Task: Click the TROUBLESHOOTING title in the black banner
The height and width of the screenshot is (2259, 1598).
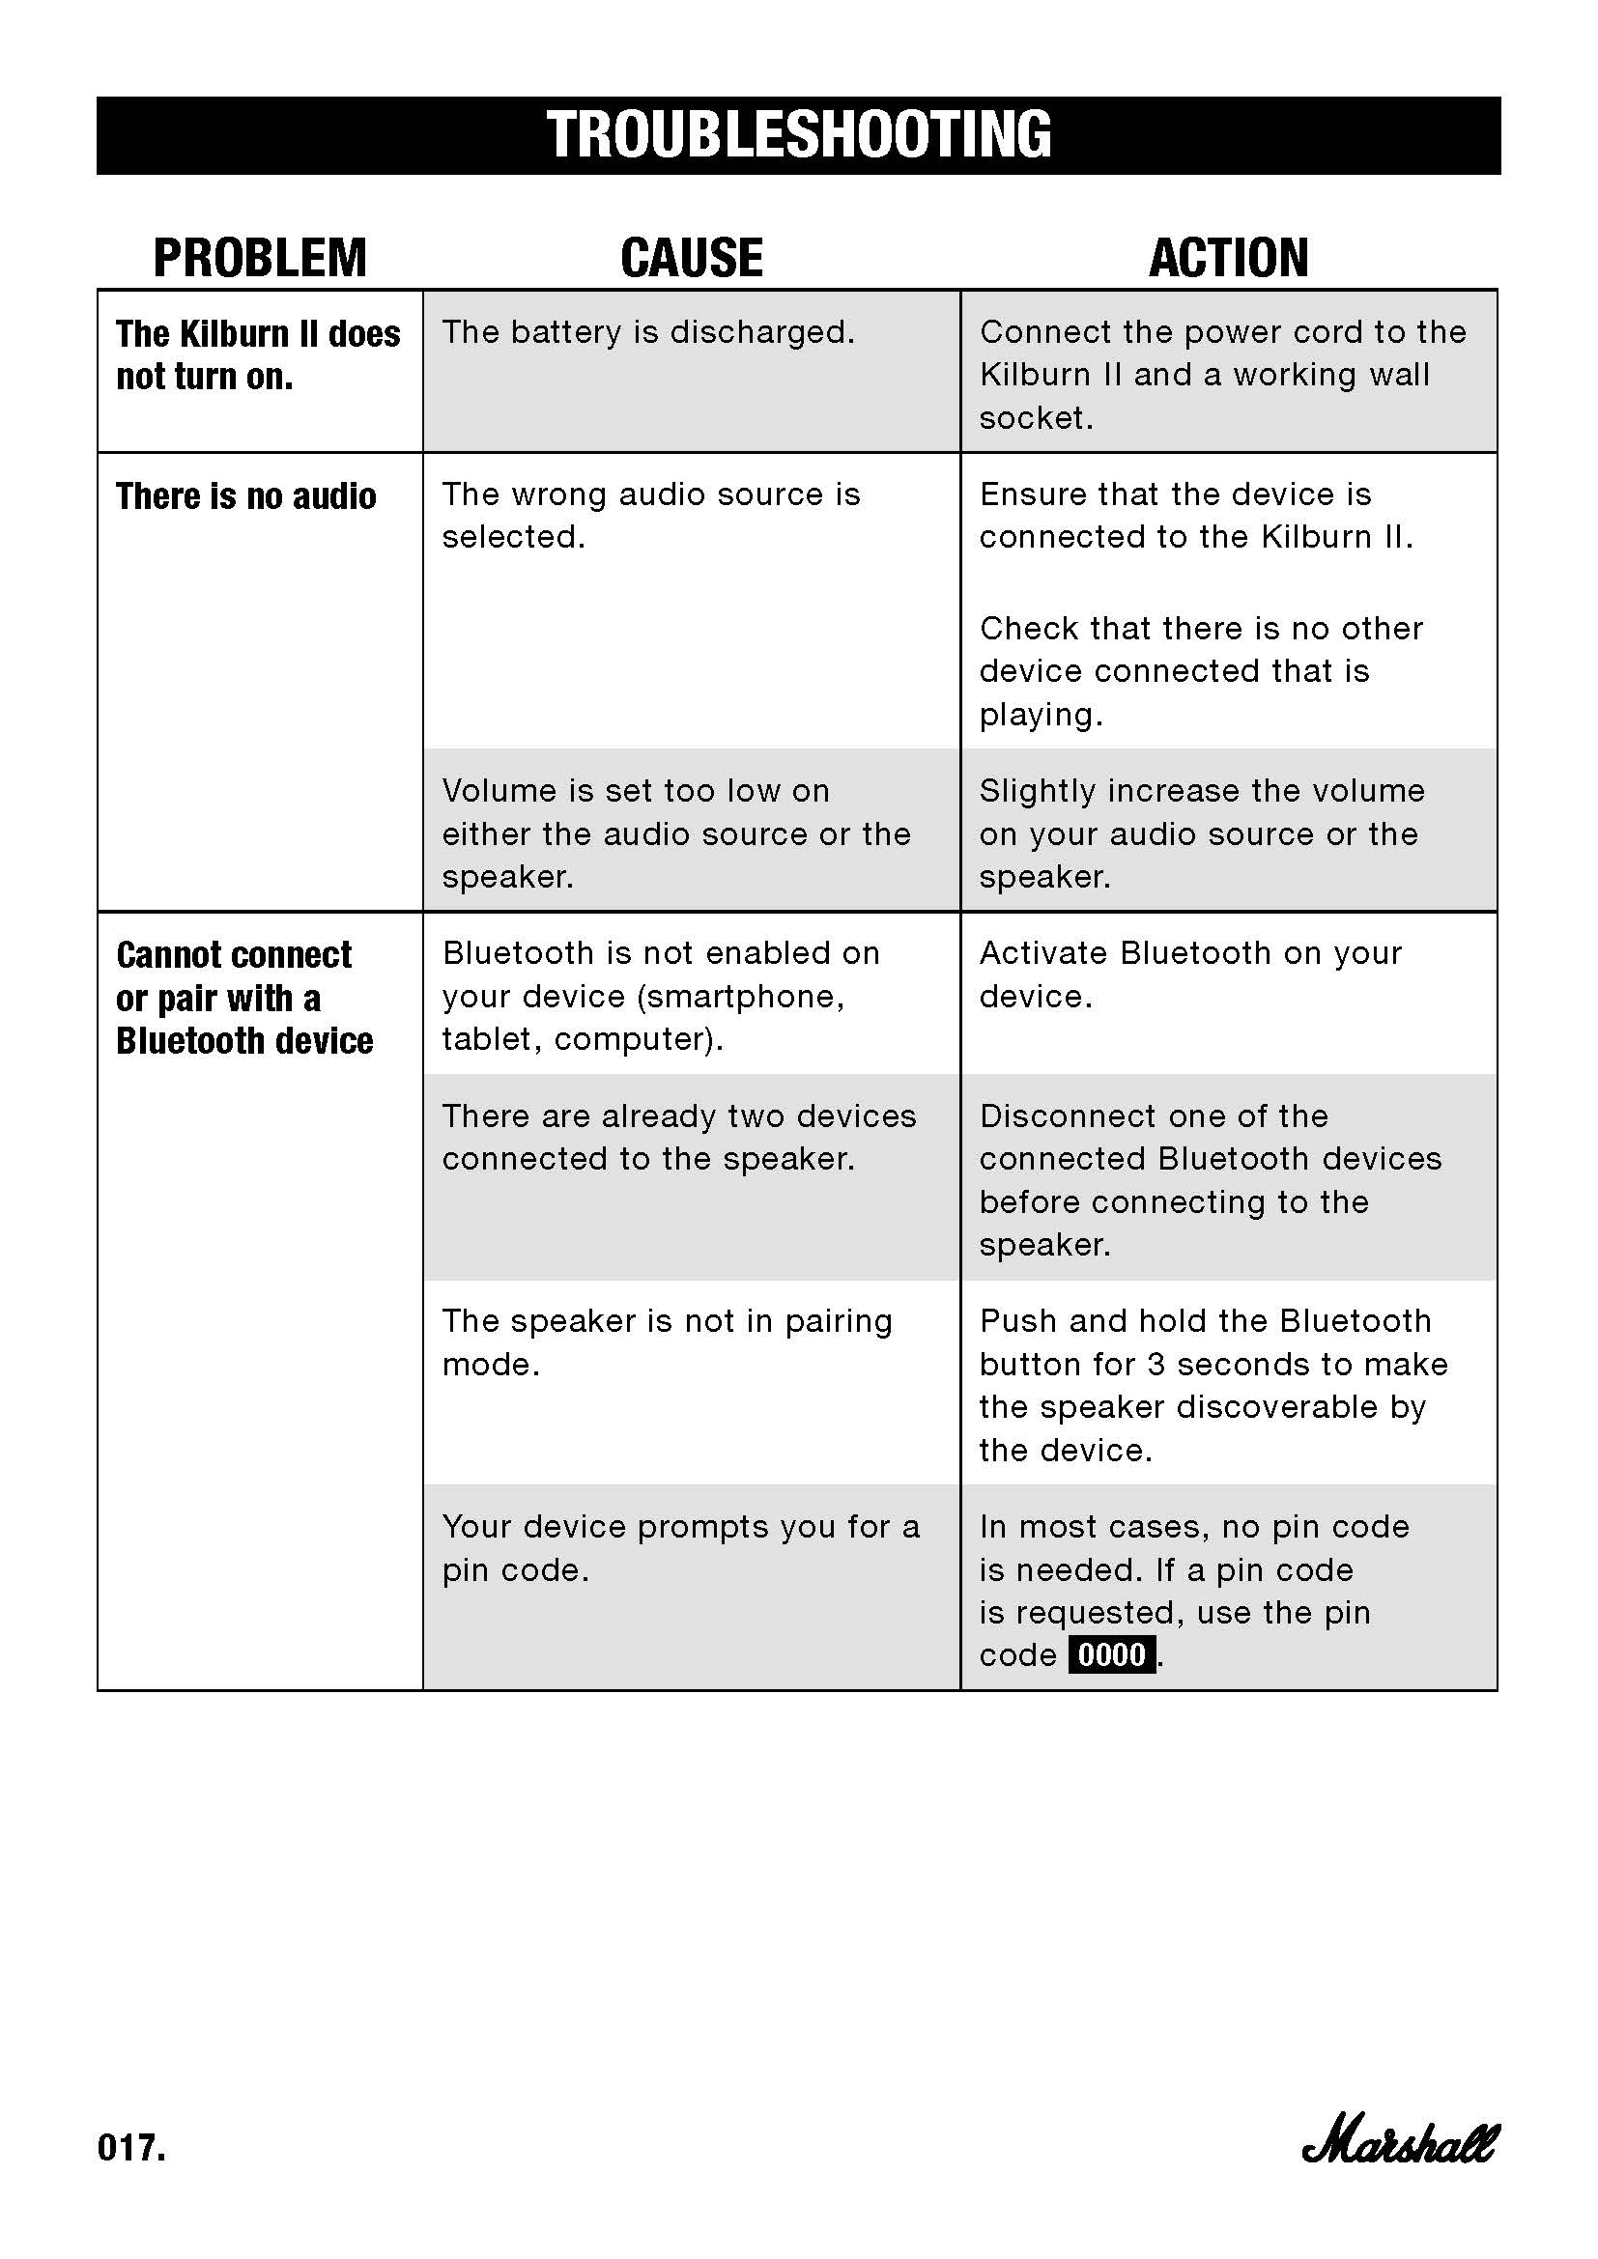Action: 799,135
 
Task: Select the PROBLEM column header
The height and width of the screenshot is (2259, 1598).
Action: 260,258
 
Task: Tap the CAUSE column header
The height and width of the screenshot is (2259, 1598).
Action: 692,258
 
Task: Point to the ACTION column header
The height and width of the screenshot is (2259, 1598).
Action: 1229,258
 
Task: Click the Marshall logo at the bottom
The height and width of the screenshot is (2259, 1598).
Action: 1399,2144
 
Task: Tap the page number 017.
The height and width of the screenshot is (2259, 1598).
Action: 131,2148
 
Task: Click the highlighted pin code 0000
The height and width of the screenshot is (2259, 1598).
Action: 1112,1655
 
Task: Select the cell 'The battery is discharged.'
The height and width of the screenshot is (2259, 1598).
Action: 648,332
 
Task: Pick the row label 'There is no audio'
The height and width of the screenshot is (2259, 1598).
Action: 246,495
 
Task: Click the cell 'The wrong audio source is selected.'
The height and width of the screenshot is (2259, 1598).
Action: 650,515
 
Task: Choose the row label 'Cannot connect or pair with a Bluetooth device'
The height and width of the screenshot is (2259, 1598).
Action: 244,998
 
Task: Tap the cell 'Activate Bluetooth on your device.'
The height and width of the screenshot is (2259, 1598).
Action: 1189,974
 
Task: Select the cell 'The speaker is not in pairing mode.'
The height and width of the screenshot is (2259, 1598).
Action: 667,1342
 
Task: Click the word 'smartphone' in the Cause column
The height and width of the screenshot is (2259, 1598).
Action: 740,997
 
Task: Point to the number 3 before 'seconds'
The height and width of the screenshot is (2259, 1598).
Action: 1157,1365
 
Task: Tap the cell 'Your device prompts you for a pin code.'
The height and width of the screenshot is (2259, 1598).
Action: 680,1547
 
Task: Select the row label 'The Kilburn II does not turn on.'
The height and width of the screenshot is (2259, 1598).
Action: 258,354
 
